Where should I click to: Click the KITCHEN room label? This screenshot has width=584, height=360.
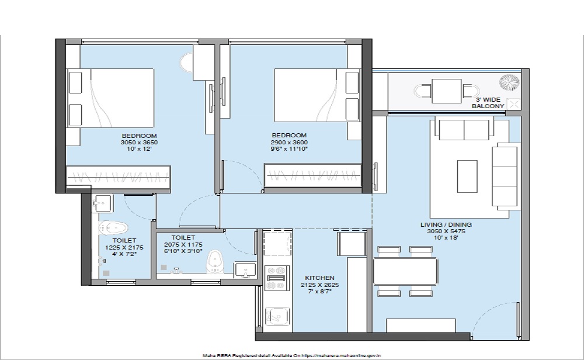[319, 278]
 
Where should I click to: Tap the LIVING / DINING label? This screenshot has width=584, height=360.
[446, 225]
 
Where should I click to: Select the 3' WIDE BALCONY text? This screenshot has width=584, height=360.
[488, 103]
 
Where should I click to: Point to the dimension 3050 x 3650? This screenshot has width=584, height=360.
[139, 143]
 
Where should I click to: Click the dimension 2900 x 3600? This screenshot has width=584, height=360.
[289, 143]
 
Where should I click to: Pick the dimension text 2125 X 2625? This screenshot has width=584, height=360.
[319, 285]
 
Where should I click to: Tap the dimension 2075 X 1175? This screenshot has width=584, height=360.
[183, 245]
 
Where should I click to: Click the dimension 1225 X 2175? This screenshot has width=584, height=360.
[124, 247]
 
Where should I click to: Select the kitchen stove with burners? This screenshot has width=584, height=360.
[277, 278]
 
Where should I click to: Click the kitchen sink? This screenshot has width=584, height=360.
[277, 316]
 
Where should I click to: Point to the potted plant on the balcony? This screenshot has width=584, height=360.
[509, 82]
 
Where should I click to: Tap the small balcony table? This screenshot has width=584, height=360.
[447, 91]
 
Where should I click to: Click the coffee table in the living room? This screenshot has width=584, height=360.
[467, 176]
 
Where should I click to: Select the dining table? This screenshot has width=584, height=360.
[405, 271]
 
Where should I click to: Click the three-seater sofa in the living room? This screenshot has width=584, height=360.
[505, 176]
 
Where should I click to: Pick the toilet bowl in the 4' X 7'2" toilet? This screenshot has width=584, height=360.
[113, 227]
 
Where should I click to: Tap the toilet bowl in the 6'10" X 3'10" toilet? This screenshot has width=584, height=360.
[214, 261]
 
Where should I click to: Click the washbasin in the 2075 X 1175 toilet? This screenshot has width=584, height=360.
[245, 270]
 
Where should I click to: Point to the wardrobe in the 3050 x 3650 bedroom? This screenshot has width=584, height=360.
[118, 176]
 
